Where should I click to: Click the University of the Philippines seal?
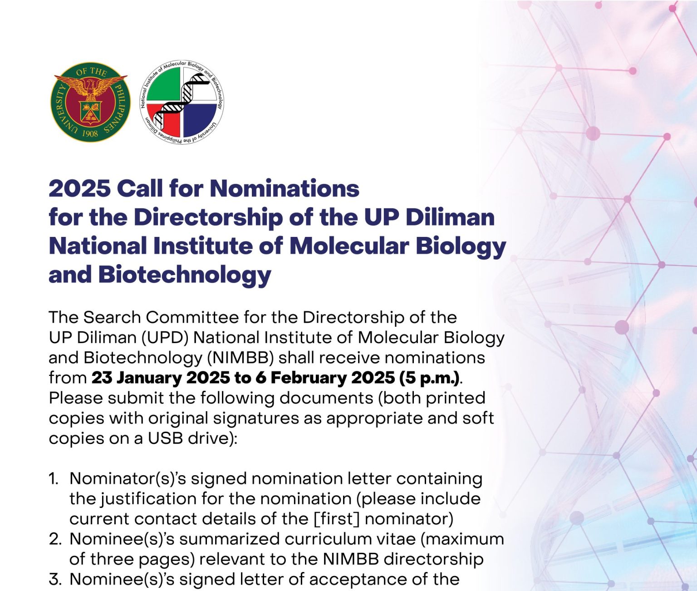click(x=91, y=102)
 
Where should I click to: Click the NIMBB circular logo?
click(x=182, y=102)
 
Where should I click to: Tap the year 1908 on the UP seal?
click(x=90, y=133)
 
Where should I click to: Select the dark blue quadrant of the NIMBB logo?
click(x=199, y=119)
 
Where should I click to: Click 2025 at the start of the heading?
click(x=79, y=188)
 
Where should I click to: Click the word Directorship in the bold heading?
click(x=208, y=217)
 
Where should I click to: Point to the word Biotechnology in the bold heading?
click(x=184, y=275)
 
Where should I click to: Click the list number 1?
click(x=54, y=478)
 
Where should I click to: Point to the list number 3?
click(x=55, y=579)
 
